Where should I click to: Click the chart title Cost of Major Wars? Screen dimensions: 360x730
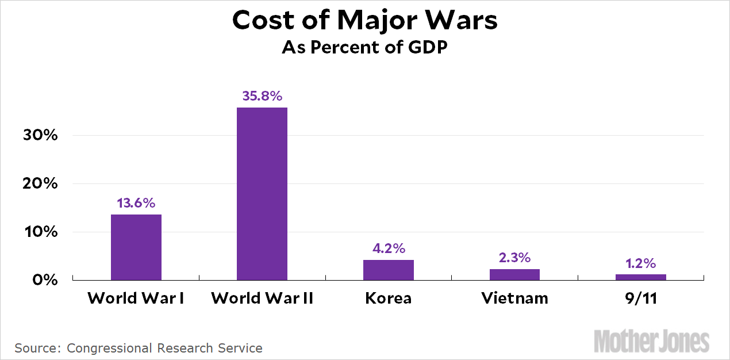coord(364,21)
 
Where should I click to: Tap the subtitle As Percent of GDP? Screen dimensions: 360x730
coord(364,48)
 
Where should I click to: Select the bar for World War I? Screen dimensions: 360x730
coord(136,247)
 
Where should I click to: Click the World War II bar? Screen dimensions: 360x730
coord(262,194)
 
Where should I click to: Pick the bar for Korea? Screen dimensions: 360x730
coord(388,270)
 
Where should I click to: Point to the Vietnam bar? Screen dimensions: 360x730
coord(514,274)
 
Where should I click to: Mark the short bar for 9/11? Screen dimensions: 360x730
coord(640,277)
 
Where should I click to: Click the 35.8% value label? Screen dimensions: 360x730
coord(262,96)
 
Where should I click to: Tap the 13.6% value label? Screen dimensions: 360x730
coord(136,203)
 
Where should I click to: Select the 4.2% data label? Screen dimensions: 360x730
coord(388,248)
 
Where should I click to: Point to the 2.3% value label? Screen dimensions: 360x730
coord(514,258)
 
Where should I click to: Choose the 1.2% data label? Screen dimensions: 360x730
coord(640,263)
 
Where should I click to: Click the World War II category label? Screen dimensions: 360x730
coord(262,298)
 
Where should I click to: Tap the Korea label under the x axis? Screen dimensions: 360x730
coord(388,298)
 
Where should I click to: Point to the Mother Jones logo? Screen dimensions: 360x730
coord(651,341)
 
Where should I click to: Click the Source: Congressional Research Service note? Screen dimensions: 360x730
coord(139,348)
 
